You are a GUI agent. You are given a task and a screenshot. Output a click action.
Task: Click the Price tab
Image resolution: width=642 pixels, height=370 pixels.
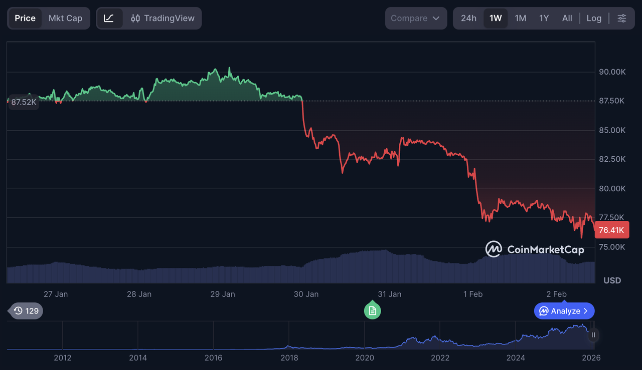(25, 18)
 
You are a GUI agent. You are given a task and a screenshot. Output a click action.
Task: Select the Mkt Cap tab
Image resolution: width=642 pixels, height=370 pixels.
(65, 18)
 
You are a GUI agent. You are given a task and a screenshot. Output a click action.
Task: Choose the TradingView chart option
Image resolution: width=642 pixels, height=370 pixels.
(163, 18)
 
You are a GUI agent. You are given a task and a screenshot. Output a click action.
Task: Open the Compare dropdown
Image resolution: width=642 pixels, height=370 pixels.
(415, 18)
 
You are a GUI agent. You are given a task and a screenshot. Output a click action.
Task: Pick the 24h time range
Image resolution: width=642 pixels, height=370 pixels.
(468, 18)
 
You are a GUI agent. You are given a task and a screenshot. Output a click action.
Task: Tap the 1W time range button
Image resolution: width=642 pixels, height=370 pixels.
(496, 18)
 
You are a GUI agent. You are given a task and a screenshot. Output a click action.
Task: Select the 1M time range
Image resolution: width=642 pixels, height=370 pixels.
(521, 18)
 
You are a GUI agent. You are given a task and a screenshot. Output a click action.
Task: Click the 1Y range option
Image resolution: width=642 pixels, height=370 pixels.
(544, 18)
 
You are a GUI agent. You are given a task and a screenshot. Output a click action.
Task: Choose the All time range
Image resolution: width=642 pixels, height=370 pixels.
(567, 18)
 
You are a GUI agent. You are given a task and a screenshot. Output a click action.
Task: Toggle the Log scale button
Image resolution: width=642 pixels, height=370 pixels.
(594, 18)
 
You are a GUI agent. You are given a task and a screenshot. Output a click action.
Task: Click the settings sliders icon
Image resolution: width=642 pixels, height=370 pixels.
(622, 18)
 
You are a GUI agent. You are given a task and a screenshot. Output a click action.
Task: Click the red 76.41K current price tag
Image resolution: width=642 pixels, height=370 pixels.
(611, 230)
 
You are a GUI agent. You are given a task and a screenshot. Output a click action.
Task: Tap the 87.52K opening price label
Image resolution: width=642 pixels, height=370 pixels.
(24, 102)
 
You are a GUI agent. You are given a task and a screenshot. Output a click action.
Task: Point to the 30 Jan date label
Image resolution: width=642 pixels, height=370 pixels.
(306, 294)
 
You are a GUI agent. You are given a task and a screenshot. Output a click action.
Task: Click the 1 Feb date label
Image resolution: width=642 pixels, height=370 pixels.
(473, 294)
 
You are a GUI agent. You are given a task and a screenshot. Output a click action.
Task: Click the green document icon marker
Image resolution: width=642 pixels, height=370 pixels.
(372, 310)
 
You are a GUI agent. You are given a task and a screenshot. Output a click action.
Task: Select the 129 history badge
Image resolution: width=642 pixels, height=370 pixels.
(27, 311)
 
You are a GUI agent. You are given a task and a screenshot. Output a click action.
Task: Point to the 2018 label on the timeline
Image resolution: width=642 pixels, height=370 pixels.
(289, 357)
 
